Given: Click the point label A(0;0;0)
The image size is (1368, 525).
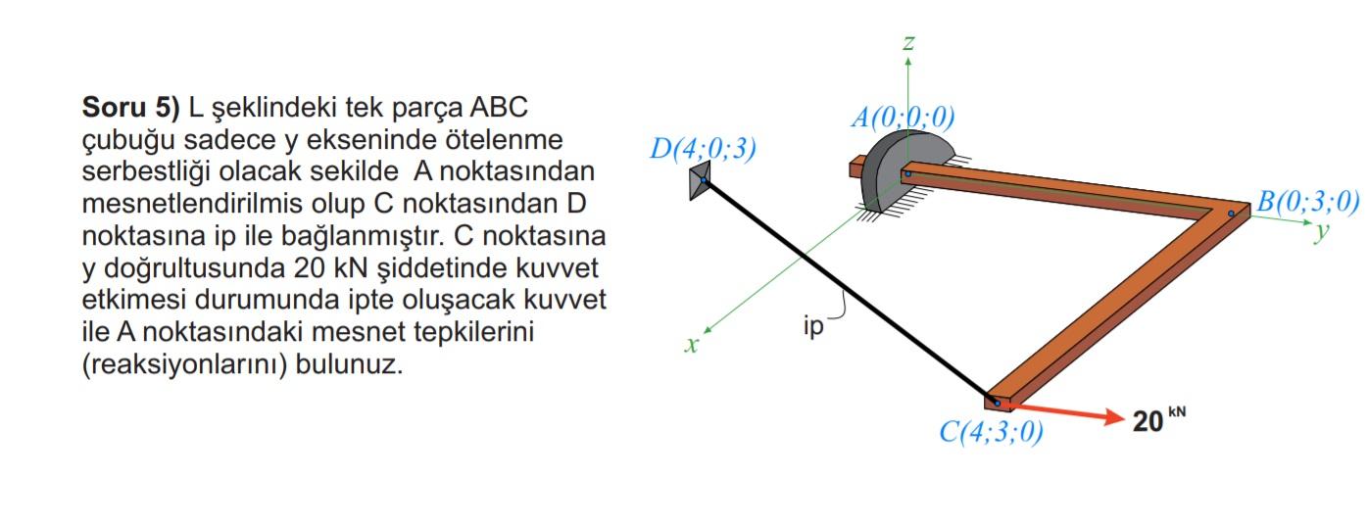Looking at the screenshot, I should [x=902, y=118].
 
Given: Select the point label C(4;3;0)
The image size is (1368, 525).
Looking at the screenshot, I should [x=991, y=433].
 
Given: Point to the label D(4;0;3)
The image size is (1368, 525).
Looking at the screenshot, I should [x=703, y=149].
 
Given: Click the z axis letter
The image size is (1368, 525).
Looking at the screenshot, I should [x=908, y=42].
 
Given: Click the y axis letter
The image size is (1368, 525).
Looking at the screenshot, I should [x=1323, y=231].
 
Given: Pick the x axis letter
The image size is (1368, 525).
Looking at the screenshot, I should [x=692, y=345].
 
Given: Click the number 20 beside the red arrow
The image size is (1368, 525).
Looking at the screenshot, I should [x=1148, y=421].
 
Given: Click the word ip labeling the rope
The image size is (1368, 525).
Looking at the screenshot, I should [x=813, y=327].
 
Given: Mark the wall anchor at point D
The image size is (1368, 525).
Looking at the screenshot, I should [x=700, y=182].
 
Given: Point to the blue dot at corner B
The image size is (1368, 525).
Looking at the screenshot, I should [x=1231, y=214].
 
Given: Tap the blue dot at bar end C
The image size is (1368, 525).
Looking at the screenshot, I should [x=998, y=403].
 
